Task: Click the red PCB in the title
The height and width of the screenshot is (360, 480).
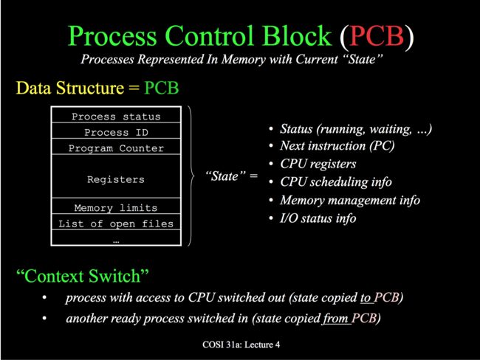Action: tap(377, 36)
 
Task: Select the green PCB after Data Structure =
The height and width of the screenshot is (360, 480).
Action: tap(161, 88)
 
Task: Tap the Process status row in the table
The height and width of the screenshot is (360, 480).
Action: tap(116, 115)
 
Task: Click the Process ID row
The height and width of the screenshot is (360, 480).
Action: tap(116, 131)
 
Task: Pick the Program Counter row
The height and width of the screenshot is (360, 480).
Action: tap(116, 147)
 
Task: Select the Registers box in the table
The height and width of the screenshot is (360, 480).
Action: tap(116, 176)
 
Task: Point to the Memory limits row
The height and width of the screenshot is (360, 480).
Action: tap(116, 206)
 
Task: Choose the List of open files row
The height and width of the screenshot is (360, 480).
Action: tap(116, 222)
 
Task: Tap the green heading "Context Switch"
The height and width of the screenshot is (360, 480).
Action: tap(83, 276)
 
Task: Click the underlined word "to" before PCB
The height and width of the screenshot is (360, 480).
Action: tap(366, 297)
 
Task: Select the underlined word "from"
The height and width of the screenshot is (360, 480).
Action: tap(335, 319)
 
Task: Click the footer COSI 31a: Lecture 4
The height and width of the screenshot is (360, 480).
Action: tap(241, 345)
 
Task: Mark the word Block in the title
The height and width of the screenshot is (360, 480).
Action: tap(297, 36)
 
